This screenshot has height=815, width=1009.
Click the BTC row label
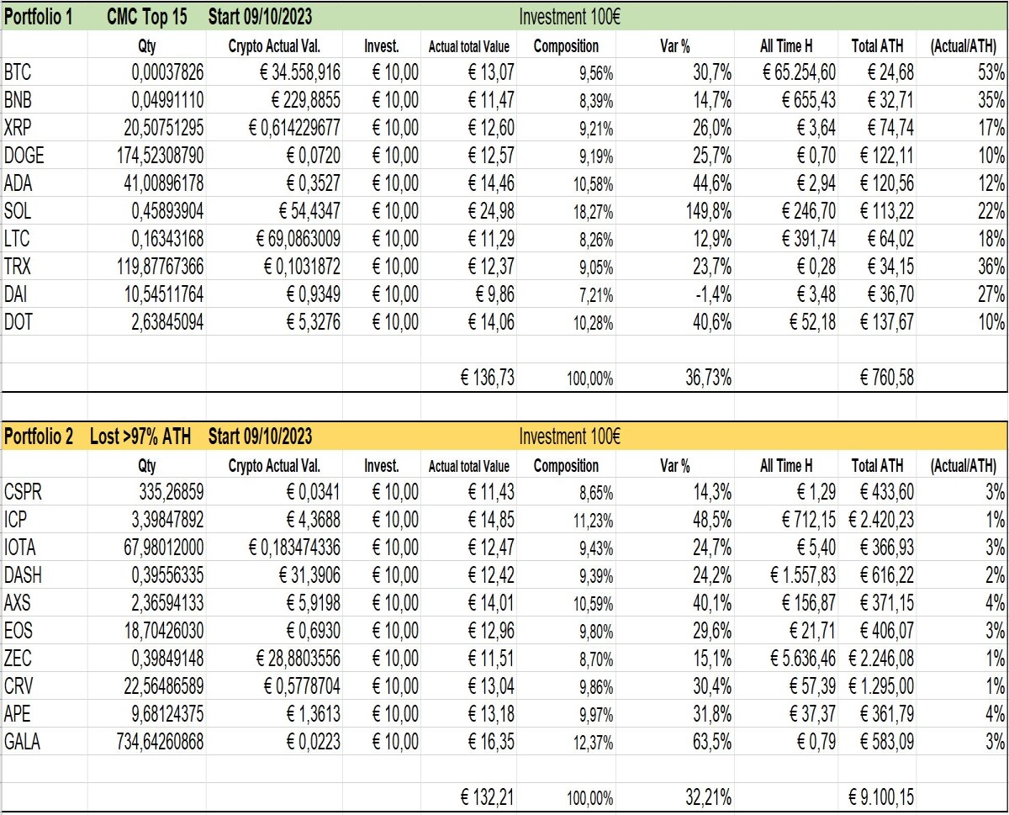pos(18,72)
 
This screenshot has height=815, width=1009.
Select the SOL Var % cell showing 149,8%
pos(709,211)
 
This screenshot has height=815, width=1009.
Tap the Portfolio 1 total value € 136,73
pos(488,378)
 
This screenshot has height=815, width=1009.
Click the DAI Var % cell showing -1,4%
pos(713,294)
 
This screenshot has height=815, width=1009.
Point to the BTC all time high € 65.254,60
pos(799,72)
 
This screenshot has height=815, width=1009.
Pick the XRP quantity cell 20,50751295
pos(164,128)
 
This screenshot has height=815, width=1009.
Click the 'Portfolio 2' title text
pos(39,437)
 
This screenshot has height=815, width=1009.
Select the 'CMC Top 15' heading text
pos(147,17)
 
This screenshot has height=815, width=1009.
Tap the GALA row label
pos(22,742)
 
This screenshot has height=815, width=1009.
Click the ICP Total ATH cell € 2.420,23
pos(881,520)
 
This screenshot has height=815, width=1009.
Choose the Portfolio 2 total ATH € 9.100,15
pos(881,797)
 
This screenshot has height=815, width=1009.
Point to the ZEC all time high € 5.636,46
pos(803,659)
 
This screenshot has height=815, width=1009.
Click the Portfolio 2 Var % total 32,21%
pos(709,797)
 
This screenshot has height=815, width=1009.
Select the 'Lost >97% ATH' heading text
pos(140,437)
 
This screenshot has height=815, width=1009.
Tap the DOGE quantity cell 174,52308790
pos(161,156)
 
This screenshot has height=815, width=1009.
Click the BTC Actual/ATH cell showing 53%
pos(991,72)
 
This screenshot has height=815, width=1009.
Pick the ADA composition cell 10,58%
pos(593,184)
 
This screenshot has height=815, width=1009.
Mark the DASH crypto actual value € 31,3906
pos(309,575)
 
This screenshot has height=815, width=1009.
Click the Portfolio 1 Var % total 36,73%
pos(709,378)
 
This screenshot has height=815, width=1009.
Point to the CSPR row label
pos(23,492)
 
